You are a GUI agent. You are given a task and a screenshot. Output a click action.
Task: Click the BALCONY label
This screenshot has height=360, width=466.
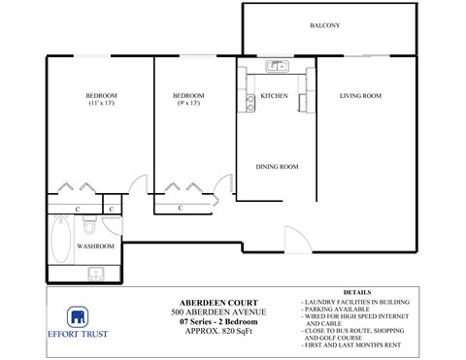pyautogui.click(x=324, y=25)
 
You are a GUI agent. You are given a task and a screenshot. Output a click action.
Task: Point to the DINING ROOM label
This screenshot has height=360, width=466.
pyautogui.click(x=277, y=167)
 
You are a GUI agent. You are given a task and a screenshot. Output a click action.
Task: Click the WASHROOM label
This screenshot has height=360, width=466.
pyautogui.click(x=96, y=246)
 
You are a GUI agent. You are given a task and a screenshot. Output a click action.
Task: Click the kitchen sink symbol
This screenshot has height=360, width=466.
pyautogui.click(x=277, y=67)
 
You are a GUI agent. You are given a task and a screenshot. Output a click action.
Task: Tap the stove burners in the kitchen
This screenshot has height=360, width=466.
pyautogui.click(x=250, y=102)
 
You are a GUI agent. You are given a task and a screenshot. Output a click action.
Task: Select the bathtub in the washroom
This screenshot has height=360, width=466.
pyautogui.click(x=58, y=242)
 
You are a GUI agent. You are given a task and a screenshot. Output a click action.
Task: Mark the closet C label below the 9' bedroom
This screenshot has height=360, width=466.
pyautogui.click(x=182, y=208)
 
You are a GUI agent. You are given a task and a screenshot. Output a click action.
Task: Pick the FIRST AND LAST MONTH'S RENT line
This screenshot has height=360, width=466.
pyautogui.click(x=353, y=345)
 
